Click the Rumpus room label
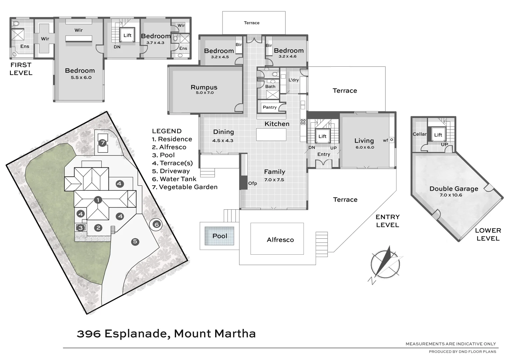point(204,87)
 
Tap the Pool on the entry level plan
point(219,236)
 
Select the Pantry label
point(270,107)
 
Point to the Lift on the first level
point(127,35)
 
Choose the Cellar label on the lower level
point(419,134)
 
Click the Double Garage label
point(454,189)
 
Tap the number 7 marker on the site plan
point(103,143)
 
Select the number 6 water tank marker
point(156,224)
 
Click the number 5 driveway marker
point(135,242)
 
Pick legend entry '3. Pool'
point(163,155)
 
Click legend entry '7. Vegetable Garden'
point(184,187)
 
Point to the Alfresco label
point(280,240)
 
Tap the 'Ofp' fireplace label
point(252,183)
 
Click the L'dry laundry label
point(294,80)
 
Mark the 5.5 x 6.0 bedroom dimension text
point(81,78)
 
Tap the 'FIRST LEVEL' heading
point(21,69)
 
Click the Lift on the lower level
point(438,135)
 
